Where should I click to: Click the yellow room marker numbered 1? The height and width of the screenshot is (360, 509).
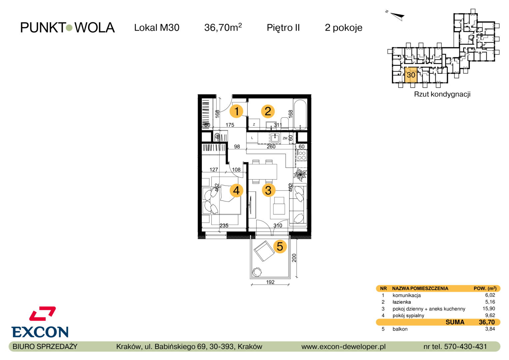coord(236,111)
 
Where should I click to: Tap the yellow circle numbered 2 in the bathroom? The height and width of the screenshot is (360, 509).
coord(268,111)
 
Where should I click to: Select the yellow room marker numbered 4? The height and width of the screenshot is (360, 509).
coord(236,190)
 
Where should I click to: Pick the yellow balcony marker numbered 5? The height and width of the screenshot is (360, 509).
coord(280,247)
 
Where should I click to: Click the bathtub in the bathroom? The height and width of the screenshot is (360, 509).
coord(300,115)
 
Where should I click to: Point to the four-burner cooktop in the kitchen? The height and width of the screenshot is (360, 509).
coord(301,155)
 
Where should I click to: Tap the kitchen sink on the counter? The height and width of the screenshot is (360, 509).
coord(275,138)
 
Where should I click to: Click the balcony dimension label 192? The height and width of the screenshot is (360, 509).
coord(270,282)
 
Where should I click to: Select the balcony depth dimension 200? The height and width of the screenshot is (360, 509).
coord(294,258)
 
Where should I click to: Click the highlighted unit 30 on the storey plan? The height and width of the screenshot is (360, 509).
coord(411,75)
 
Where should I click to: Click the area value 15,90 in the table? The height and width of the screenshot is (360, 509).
coord(489,309)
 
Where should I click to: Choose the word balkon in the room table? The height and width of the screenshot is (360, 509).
coord(400,329)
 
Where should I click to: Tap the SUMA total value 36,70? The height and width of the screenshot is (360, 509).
coord(487,322)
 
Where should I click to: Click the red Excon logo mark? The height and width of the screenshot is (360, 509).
coord(43,313)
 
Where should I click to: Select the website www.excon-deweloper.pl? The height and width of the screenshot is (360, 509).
coord(343,347)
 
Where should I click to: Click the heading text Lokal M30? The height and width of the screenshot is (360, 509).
coord(157,28)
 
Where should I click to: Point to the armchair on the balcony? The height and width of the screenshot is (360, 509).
coord(264,251)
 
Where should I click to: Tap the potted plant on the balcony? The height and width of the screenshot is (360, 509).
coord(257,272)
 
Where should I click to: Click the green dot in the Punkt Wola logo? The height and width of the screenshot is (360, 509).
coord(69,28)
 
